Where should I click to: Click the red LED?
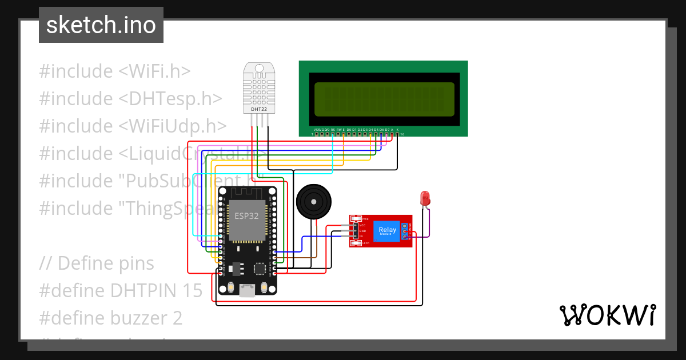[425, 199]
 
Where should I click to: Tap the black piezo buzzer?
[312, 202]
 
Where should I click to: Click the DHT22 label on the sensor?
[258, 109]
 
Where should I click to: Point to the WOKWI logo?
[607, 315]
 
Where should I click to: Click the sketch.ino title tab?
[101, 25]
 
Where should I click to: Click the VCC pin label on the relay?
[362, 226]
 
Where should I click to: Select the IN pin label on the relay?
[361, 236]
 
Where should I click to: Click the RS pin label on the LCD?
[333, 130]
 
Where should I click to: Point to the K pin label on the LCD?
[397, 130]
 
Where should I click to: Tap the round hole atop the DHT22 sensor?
[258, 68]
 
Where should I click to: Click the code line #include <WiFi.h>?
[115, 71]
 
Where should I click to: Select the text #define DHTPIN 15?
[121, 290]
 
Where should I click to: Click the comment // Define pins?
[97, 263]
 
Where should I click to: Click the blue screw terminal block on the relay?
[405, 231]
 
